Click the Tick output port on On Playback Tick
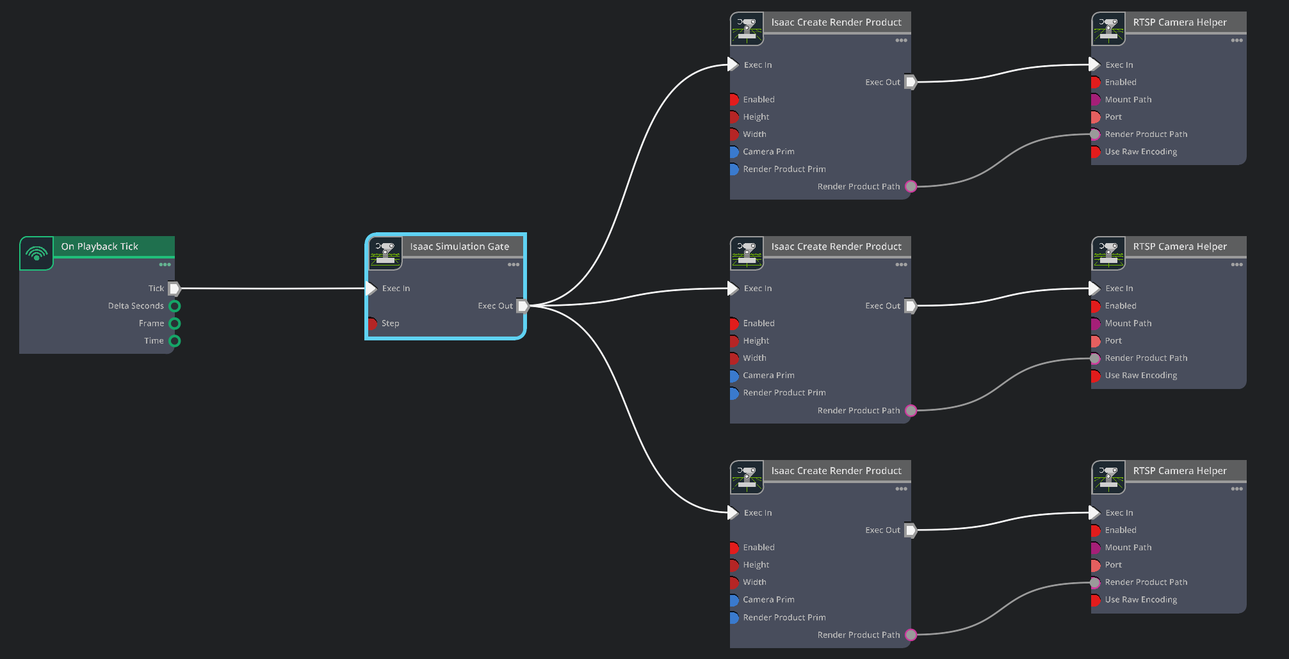click(x=174, y=289)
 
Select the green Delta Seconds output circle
click(x=175, y=306)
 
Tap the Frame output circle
click(x=175, y=323)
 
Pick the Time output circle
click(x=175, y=340)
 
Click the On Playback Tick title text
click(x=100, y=246)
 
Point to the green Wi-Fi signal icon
click(x=36, y=253)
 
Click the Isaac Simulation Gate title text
click(x=460, y=246)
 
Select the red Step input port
click(x=371, y=323)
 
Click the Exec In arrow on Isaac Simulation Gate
click(x=371, y=289)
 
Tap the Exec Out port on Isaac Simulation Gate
click(x=523, y=306)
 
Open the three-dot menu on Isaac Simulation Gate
click(x=514, y=264)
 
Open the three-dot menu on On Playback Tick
click(x=165, y=264)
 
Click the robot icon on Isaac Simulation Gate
click(x=385, y=253)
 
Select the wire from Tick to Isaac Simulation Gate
click(x=273, y=289)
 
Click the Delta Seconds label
click(x=136, y=306)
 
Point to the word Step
click(x=391, y=323)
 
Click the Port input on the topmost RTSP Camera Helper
click(x=1096, y=117)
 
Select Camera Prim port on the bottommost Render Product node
click(x=734, y=600)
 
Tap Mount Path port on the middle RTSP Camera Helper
click(x=1096, y=323)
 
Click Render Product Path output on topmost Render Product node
click(x=911, y=186)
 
